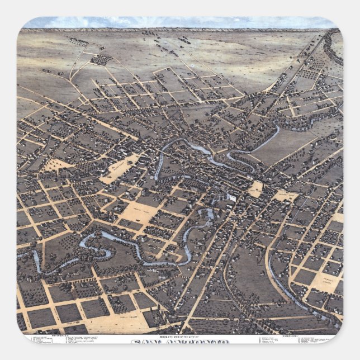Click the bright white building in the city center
[231, 197]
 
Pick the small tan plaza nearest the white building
[255, 189]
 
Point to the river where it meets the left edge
[21, 255]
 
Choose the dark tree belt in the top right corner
[335, 50]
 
